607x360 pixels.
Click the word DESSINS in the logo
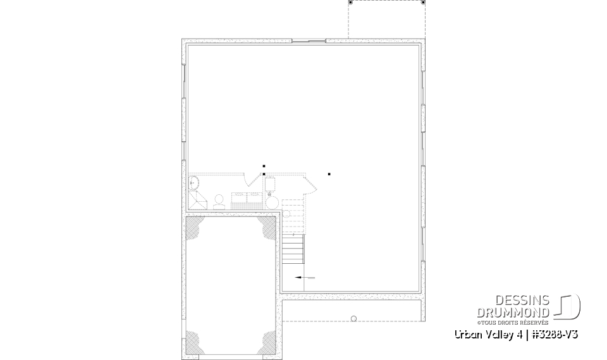(x=522, y=301)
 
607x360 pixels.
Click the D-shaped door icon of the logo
(x=568, y=307)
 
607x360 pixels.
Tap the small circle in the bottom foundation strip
(x=353, y=318)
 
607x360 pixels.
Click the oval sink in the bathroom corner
(x=194, y=183)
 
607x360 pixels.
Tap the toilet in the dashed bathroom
(x=219, y=201)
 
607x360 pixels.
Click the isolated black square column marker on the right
(x=329, y=174)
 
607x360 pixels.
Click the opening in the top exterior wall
(x=309, y=41)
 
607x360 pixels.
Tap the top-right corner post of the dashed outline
(x=422, y=3)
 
